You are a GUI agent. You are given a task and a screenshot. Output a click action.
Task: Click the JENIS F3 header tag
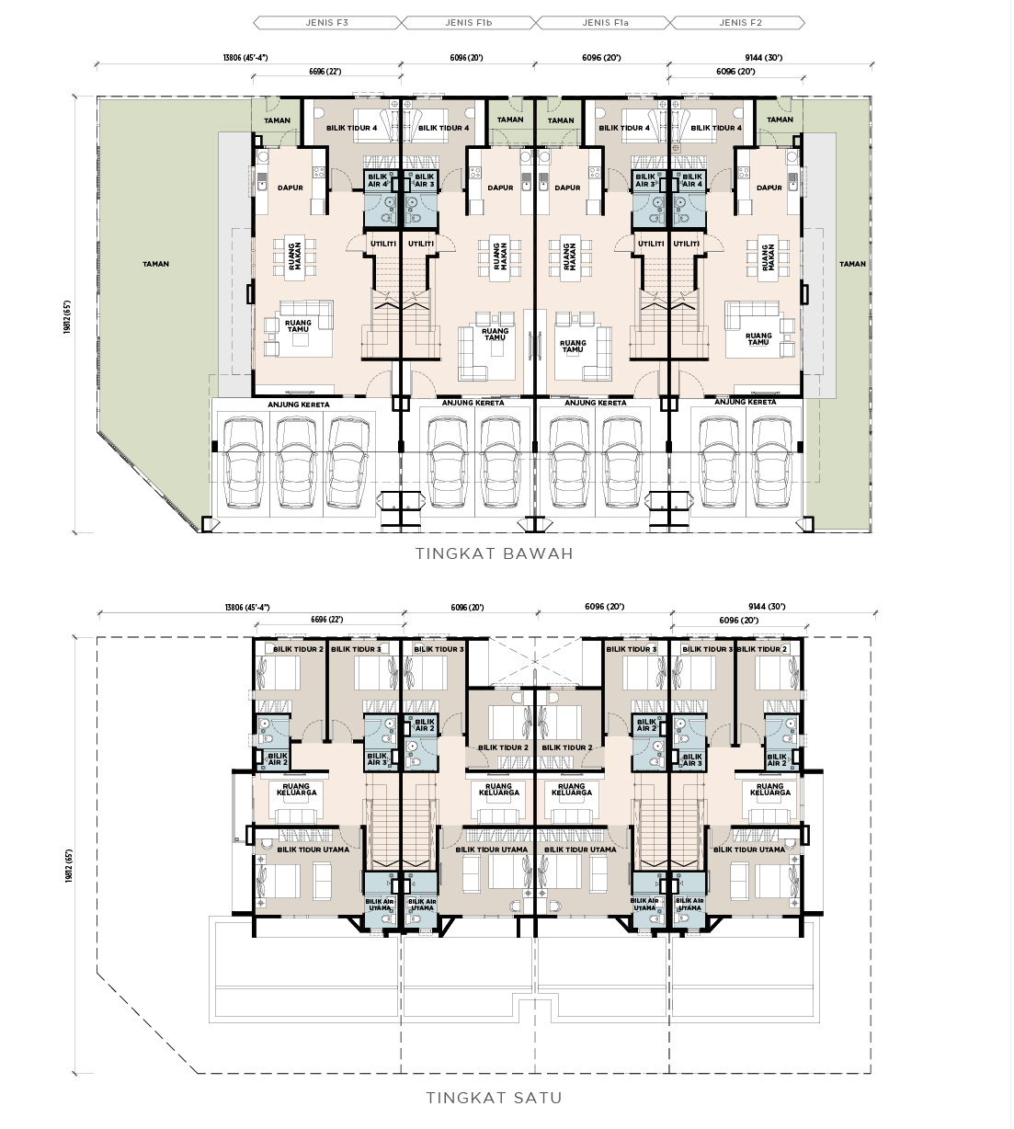[x=327, y=23]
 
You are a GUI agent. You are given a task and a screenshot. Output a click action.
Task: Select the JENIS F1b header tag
[x=469, y=23]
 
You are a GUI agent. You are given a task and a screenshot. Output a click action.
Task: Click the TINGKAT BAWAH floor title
[x=495, y=553]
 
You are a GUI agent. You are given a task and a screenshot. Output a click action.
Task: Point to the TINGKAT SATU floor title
[x=495, y=1099]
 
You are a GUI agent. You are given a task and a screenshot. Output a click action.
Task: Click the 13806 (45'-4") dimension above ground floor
[x=245, y=57]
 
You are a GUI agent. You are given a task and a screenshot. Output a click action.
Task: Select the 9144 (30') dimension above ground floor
[x=763, y=57]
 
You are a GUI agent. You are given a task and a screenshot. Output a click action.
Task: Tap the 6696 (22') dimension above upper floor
[x=326, y=619]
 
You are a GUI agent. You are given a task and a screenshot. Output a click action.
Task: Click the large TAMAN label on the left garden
[x=155, y=264]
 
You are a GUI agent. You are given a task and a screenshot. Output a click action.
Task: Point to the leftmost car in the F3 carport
[x=243, y=462]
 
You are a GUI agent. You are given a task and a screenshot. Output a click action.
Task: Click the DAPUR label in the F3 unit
[x=291, y=188]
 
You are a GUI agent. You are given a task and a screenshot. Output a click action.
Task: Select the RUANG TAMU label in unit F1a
[x=573, y=346]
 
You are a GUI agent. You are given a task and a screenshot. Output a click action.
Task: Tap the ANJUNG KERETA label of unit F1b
[x=473, y=403]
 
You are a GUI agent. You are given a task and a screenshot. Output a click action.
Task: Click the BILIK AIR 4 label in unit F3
[x=377, y=180]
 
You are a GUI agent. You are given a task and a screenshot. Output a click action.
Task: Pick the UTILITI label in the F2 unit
[x=686, y=244]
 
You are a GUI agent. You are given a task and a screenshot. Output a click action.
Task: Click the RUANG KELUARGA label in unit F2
[x=770, y=789]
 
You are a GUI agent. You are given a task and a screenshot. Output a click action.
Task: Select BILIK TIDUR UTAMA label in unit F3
[x=313, y=850]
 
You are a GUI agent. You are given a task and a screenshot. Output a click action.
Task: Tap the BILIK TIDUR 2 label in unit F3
[x=298, y=649]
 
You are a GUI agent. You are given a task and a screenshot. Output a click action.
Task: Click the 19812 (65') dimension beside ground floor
[x=67, y=317]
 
